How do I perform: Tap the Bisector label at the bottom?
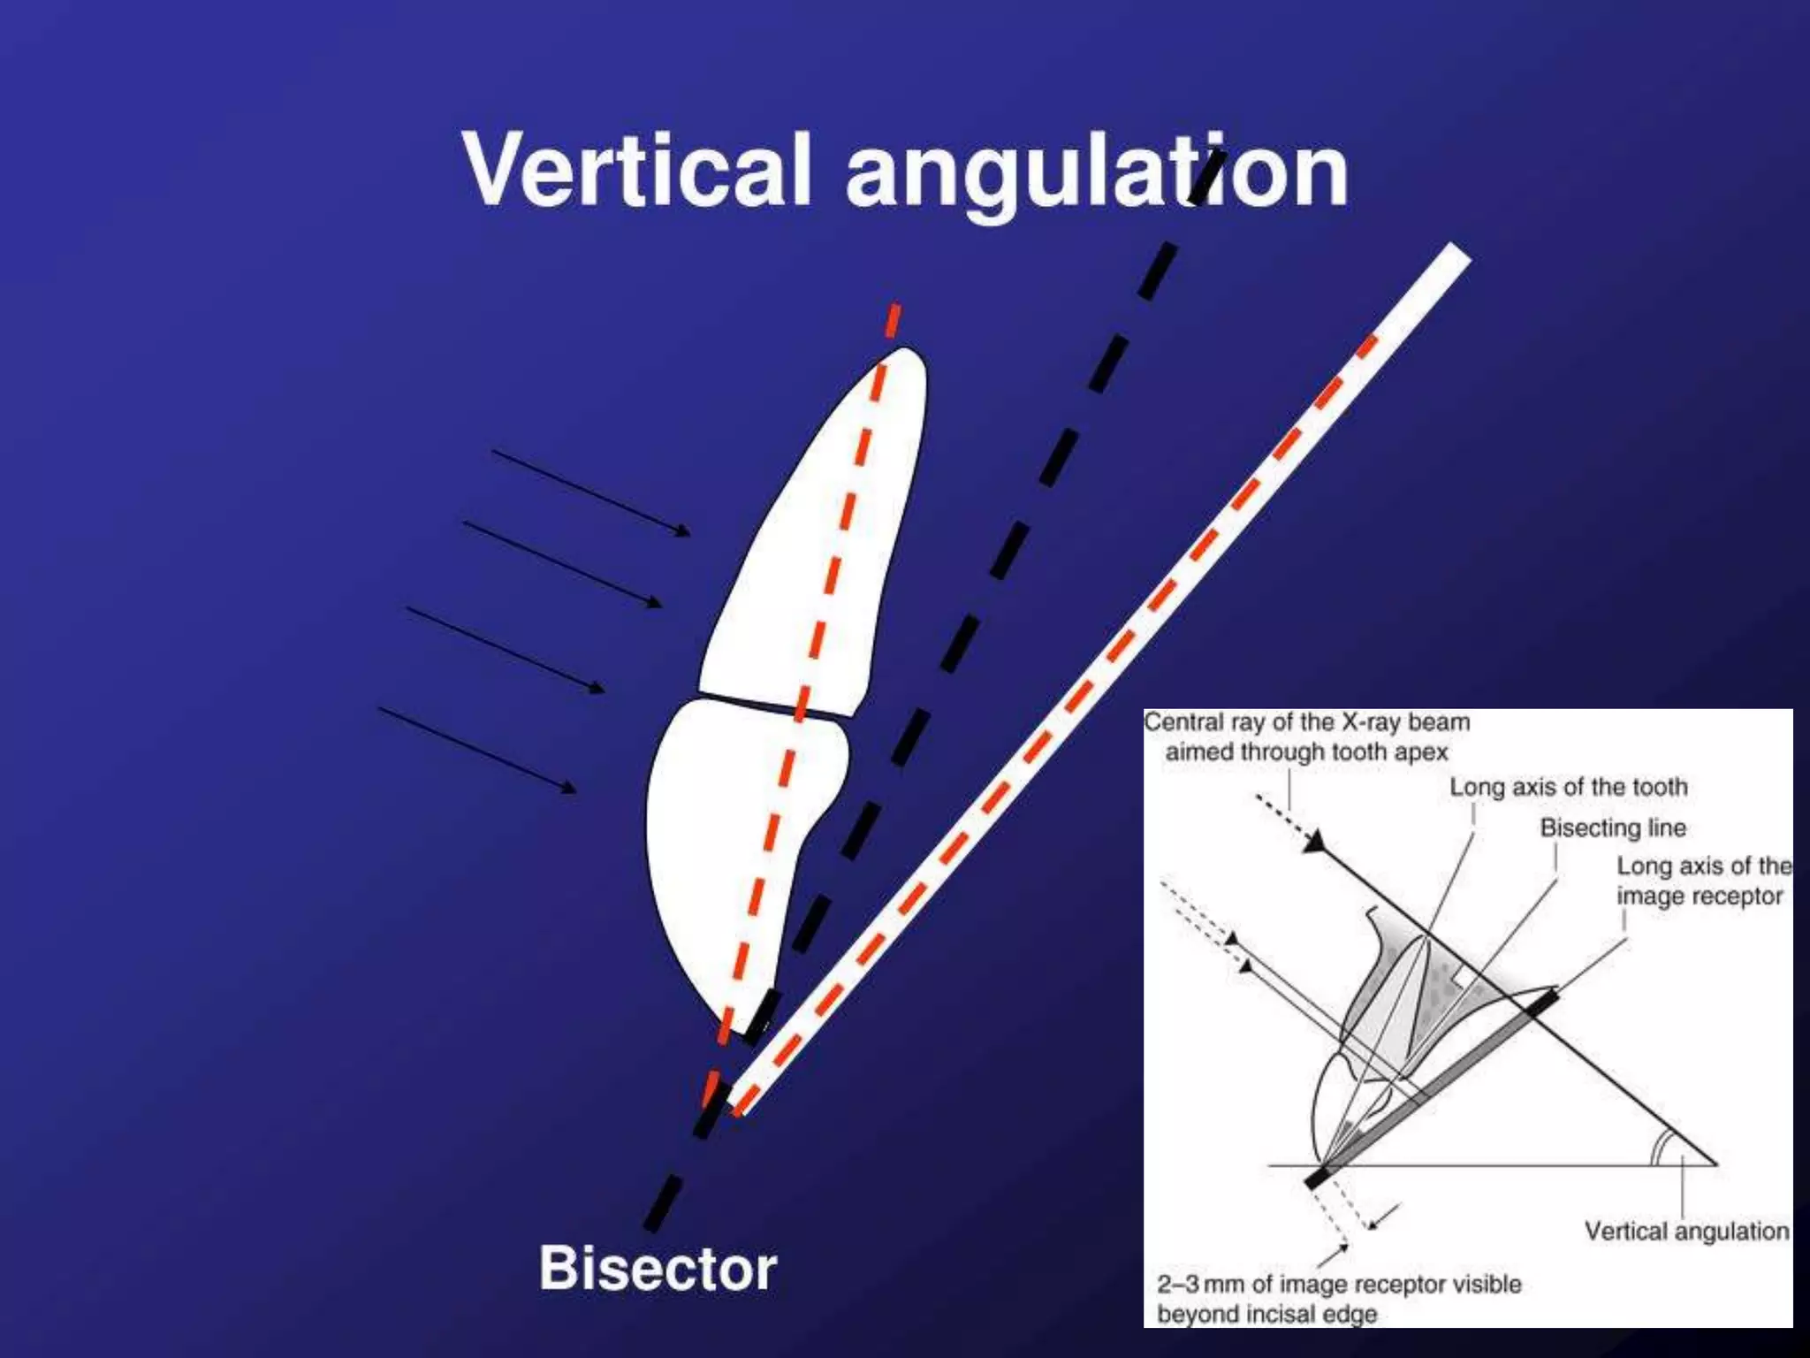tap(658, 1268)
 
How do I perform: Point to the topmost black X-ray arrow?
tap(590, 492)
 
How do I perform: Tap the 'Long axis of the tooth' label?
tap(1569, 787)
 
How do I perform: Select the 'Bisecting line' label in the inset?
tap(1613, 828)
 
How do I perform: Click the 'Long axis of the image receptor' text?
tap(1702, 881)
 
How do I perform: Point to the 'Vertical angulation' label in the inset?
tap(1686, 1231)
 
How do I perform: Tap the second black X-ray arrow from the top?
tap(562, 564)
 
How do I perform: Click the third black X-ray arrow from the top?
tap(506, 648)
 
